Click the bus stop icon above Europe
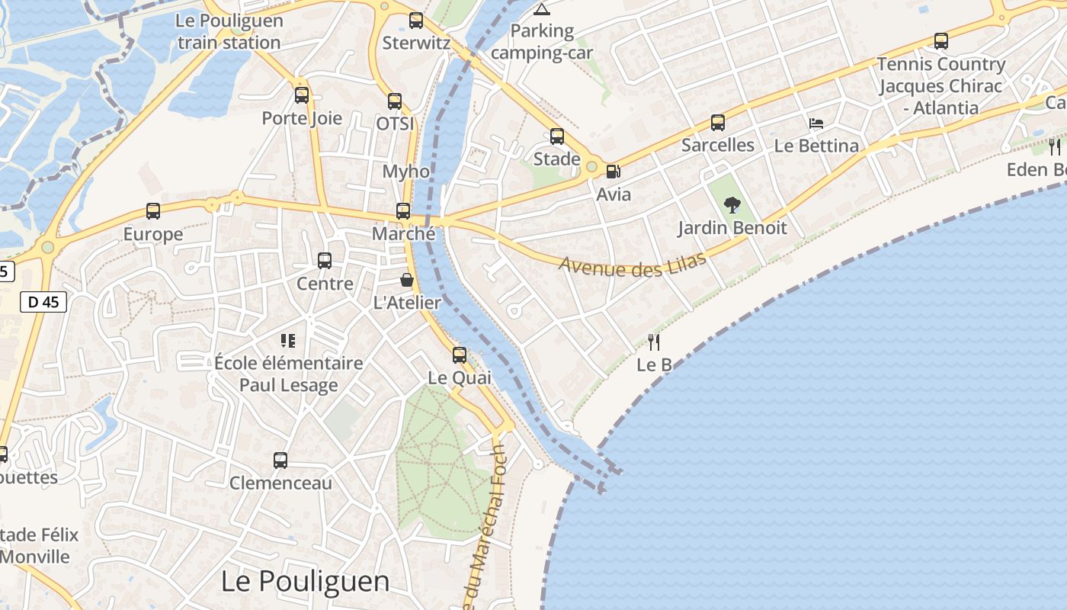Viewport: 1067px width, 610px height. [153, 211]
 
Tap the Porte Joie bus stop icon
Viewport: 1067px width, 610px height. [302, 95]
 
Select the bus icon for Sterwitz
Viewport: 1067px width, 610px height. [416, 21]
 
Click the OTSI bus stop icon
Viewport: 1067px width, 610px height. [395, 101]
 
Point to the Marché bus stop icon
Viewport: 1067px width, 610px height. [403, 211]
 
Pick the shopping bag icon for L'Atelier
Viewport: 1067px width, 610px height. [407, 280]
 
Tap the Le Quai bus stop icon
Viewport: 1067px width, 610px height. [460, 355]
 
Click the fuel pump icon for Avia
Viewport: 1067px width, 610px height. [613, 172]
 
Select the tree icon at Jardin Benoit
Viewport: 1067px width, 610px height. [732, 204]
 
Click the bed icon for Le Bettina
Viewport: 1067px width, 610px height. [816, 123]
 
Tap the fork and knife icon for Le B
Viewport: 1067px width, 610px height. [654, 342]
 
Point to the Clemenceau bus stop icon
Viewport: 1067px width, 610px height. [280, 461]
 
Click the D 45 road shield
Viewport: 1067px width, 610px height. [43, 302]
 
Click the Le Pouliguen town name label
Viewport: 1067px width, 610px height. [305, 581]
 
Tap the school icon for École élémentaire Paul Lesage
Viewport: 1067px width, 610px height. [288, 340]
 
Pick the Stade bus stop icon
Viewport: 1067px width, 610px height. [557, 136]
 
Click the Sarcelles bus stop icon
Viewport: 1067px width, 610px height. [718, 122]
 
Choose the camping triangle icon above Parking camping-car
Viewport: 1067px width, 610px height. [542, 9]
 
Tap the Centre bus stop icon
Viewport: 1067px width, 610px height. [325, 261]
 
